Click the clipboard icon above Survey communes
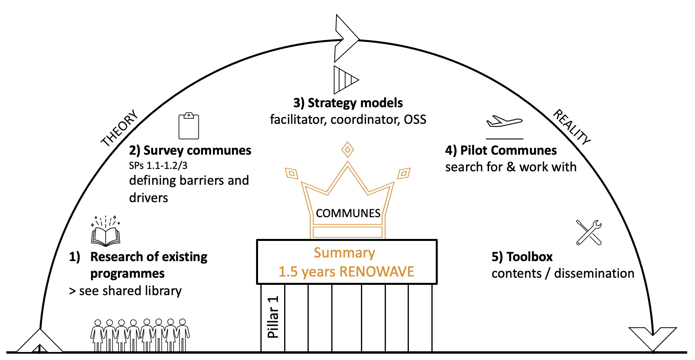point(189,126)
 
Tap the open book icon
point(106,236)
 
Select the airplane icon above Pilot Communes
point(504,121)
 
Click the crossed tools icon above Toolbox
point(589,232)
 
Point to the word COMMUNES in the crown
point(348,213)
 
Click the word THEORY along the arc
point(120,128)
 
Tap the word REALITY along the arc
point(572,127)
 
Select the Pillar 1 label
point(273,317)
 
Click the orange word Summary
point(344,253)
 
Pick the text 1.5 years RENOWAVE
point(346,272)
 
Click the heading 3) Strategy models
point(348,103)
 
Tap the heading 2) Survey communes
point(190,150)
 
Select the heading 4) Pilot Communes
point(501,150)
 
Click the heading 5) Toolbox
point(522,257)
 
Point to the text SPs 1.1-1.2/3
point(158,165)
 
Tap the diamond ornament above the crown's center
point(347,150)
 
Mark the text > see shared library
point(125,291)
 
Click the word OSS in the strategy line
point(415,119)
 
